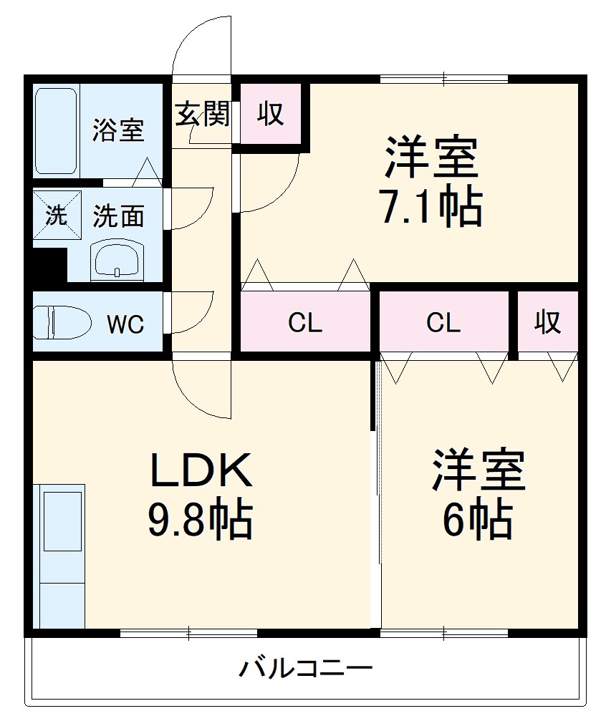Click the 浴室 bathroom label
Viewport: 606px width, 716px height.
click(118, 130)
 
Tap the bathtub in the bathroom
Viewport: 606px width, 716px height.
click(56, 130)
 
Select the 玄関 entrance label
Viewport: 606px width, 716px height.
click(203, 114)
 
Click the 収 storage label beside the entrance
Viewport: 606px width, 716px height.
click(270, 114)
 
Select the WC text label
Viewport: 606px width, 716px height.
click(125, 324)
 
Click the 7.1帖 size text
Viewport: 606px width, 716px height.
click(431, 206)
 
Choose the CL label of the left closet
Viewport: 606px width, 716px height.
click(305, 324)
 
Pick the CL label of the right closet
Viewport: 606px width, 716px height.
click(443, 324)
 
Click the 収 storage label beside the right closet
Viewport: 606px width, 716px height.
click(548, 323)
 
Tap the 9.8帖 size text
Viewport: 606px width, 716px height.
click(200, 521)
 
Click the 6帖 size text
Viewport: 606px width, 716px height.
click(477, 521)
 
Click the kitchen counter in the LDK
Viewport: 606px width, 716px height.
click(62, 555)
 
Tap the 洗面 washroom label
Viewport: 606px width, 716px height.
click(118, 216)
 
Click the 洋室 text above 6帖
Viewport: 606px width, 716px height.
click(478, 471)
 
